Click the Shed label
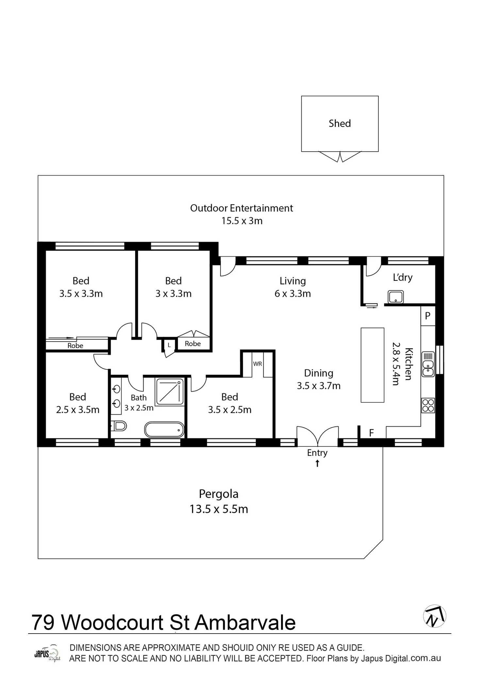coord(340,123)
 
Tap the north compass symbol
coord(435,616)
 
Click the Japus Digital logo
coord(47,654)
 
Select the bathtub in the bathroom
coord(164,429)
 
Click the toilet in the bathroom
coord(119,426)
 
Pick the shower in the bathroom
coord(170,392)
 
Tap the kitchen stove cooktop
coord(428,405)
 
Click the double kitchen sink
coord(428,364)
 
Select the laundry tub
coord(396,297)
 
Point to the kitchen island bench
coord(372,365)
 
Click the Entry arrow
coord(317,463)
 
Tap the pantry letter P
coord(428,316)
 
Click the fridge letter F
coord(371,433)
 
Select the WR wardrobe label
coord(257,364)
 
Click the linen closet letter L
coord(169,345)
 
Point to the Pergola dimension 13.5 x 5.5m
coord(219,509)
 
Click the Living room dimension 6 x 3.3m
coord(292,293)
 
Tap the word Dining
coord(319,373)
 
